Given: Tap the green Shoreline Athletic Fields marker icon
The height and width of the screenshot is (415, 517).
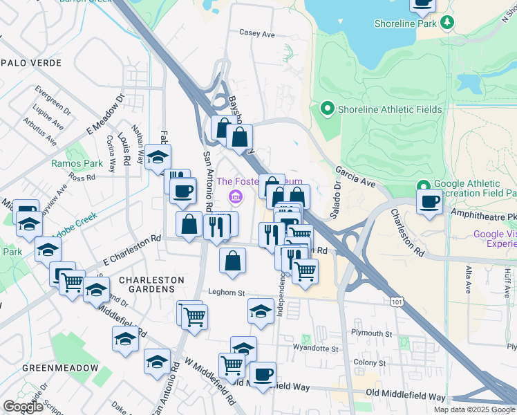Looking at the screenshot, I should point(327,109).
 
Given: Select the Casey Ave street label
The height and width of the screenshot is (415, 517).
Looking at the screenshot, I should point(257,33).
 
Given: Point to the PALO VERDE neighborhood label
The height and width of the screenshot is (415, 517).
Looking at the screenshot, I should point(31,63).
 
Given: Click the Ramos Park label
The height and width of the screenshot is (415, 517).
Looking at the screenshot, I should point(77,164).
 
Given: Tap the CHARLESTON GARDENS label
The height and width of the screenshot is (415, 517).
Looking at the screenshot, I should point(152,286).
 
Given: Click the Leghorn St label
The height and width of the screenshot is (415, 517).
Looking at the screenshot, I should point(227,293).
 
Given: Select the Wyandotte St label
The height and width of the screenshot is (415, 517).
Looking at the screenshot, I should point(315,348).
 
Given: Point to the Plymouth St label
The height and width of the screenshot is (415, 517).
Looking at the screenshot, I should point(372,333).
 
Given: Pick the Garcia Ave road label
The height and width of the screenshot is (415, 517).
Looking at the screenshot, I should point(355,176).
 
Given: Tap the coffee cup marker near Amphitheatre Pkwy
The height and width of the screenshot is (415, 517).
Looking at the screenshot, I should point(429,201).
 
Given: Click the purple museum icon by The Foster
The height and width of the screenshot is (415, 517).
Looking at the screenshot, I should point(236,199).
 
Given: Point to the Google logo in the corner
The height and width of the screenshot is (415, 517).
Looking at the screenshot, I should point(23,407).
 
